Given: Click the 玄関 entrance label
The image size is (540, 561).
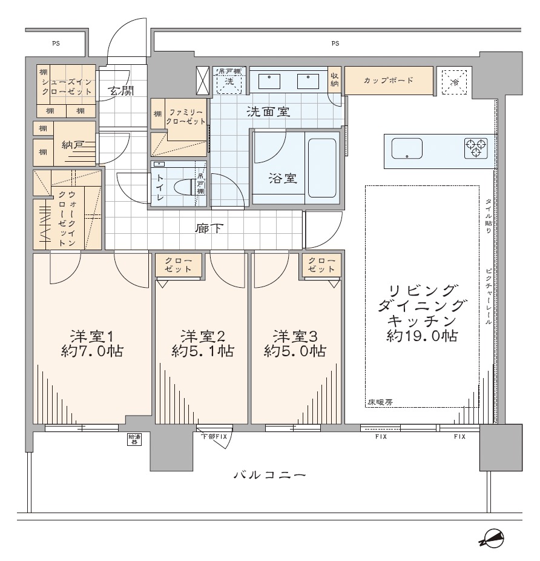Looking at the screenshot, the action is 122,90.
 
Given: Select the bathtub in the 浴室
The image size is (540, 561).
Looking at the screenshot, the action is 322,168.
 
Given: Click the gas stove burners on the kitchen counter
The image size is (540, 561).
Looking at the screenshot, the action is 476,148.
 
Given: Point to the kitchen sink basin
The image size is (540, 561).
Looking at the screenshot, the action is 407,148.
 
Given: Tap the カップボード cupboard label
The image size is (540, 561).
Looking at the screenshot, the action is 389,80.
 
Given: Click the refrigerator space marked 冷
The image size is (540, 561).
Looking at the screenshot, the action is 454,82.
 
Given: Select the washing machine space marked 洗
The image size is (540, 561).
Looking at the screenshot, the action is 229,81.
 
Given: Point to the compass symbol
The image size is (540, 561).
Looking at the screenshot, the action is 492,539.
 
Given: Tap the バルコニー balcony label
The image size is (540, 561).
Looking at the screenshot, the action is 270,475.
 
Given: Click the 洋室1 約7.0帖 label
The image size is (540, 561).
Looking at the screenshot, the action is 92,344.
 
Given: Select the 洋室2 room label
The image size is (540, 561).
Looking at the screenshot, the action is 202,336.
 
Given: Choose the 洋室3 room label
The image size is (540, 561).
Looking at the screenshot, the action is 295,336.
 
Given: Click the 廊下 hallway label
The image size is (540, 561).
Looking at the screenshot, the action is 209,228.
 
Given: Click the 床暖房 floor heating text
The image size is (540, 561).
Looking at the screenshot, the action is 380,402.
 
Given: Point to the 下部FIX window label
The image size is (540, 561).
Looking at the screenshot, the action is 214,436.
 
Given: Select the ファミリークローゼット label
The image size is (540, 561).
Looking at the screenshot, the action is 186,117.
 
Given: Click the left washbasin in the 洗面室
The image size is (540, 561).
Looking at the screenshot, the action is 269,82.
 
